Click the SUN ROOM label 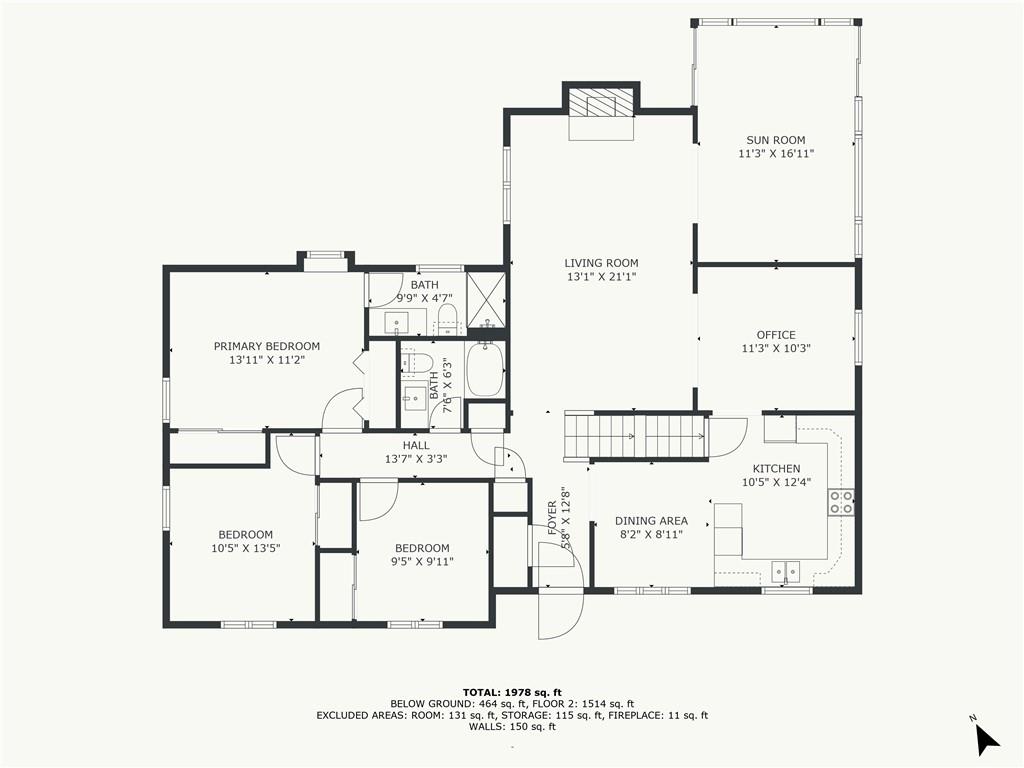[776, 140]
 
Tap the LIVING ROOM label [601, 263]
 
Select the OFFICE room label [776, 335]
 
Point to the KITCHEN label [776, 468]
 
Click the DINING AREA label [651, 520]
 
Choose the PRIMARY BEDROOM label [267, 346]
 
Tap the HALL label [416, 445]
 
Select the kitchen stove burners [840, 502]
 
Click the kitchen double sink [786, 571]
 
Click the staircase [635, 437]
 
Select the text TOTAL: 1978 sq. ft [512, 692]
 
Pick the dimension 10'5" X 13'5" [246, 549]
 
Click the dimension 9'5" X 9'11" [422, 562]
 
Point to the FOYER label [552, 518]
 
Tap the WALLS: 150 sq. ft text [512, 727]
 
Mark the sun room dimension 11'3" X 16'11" [776, 154]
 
